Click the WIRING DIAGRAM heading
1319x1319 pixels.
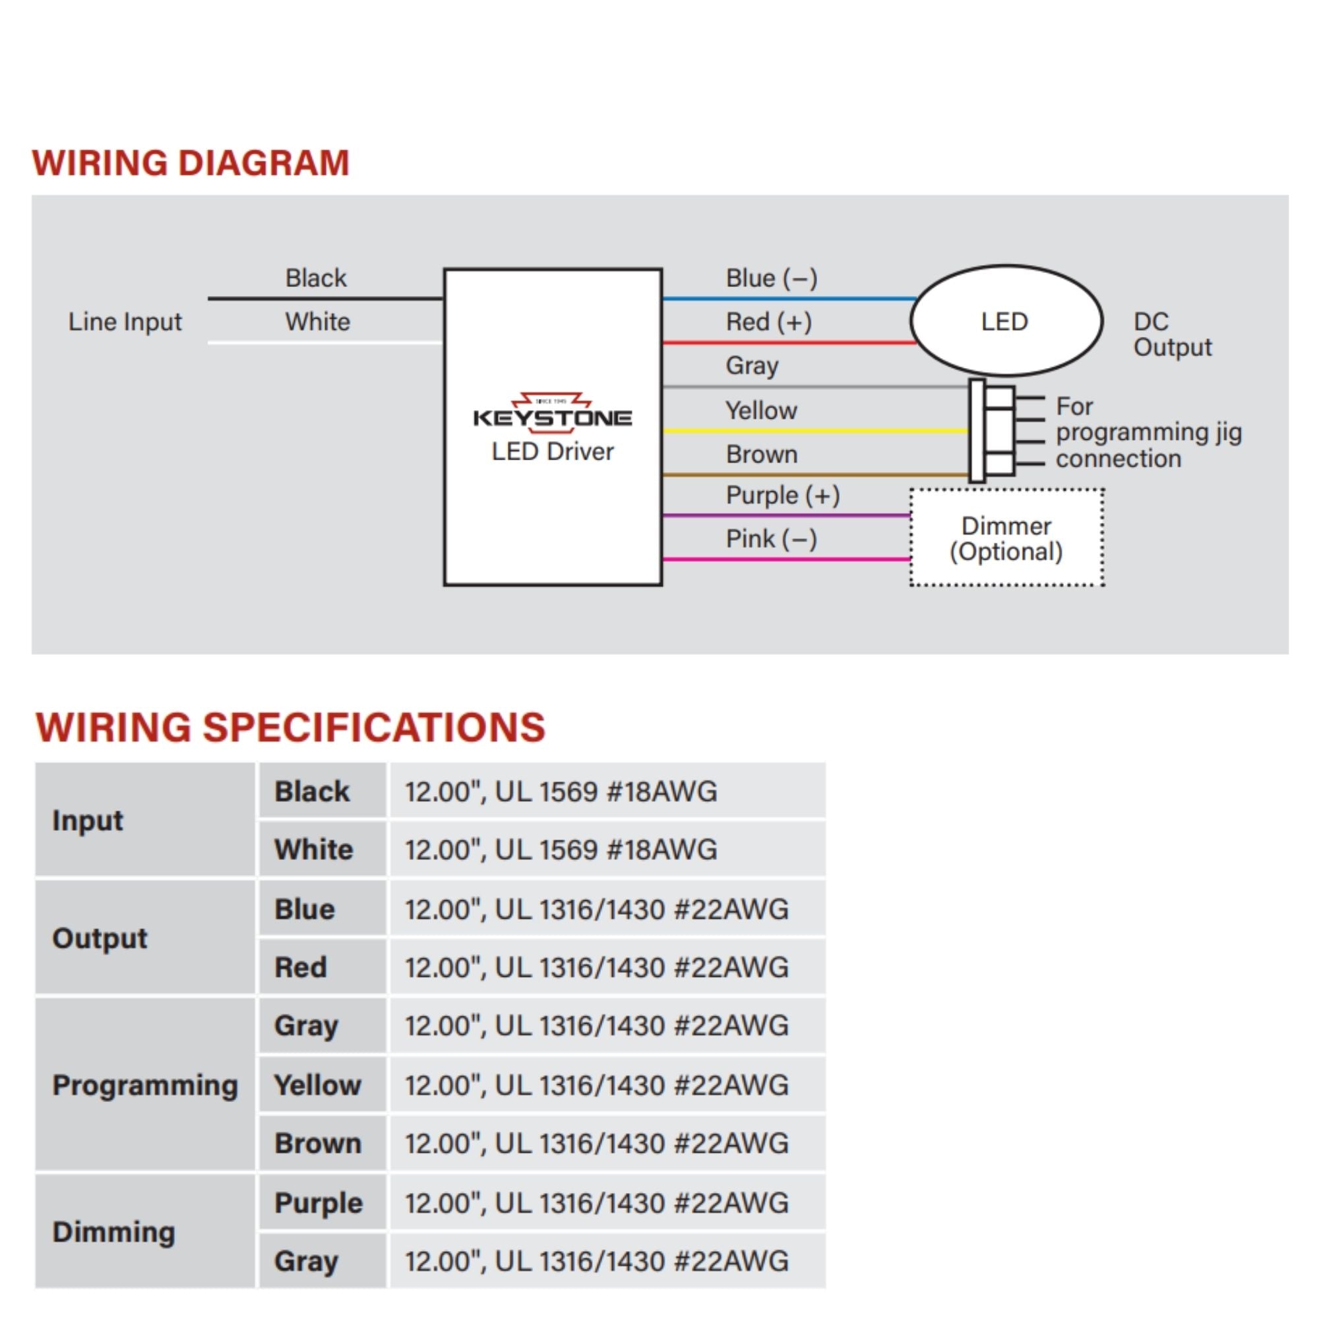tap(191, 163)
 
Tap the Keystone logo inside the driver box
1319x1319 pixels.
tap(552, 414)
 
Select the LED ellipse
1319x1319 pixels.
tap(1006, 321)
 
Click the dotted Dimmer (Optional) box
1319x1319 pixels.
tap(1006, 538)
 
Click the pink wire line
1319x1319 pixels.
tap(785, 559)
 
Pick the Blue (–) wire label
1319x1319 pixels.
tap(772, 278)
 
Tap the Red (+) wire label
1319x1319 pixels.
tap(769, 322)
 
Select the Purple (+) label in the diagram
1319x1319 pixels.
tap(782, 495)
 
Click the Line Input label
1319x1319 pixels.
tap(125, 322)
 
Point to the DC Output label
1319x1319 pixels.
tap(1172, 334)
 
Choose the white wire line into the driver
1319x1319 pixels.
tap(325, 342)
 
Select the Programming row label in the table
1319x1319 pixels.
tap(144, 1085)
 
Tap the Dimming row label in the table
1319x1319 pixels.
tap(113, 1231)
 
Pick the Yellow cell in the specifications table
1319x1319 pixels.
tap(317, 1085)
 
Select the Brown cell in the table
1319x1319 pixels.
tap(317, 1144)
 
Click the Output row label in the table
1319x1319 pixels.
tap(100, 938)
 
